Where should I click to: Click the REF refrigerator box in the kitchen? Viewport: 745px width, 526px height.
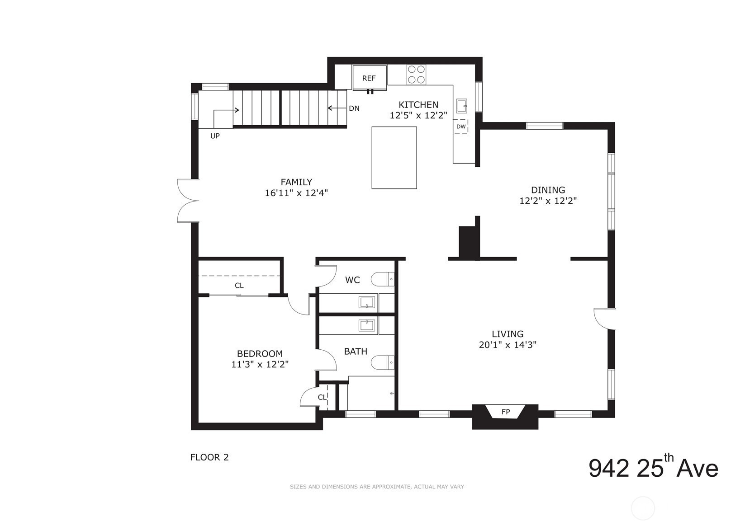[369, 78]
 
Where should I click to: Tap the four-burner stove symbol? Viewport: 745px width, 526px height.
[416, 75]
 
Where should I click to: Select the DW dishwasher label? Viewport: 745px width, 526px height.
[460, 127]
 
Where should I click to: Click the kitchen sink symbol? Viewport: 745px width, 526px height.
[461, 106]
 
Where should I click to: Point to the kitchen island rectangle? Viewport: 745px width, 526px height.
[394, 157]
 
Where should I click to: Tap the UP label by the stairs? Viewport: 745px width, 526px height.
[215, 136]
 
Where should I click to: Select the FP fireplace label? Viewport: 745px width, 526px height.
[505, 412]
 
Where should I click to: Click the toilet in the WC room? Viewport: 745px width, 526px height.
[383, 280]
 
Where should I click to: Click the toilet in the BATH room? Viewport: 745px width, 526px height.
[383, 362]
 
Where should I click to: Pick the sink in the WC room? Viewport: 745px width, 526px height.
[368, 302]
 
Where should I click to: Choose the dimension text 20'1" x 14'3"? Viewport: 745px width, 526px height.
[508, 345]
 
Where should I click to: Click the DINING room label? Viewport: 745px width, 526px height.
[548, 190]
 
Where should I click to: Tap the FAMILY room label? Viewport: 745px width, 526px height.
[296, 182]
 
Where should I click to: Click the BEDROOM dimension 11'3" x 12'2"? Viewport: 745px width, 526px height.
[260, 364]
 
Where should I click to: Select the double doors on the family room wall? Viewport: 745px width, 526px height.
[187, 201]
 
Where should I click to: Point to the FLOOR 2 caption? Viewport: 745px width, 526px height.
[209, 457]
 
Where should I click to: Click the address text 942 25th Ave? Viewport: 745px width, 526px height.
[653, 468]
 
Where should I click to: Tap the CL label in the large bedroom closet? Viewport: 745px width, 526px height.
[239, 286]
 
